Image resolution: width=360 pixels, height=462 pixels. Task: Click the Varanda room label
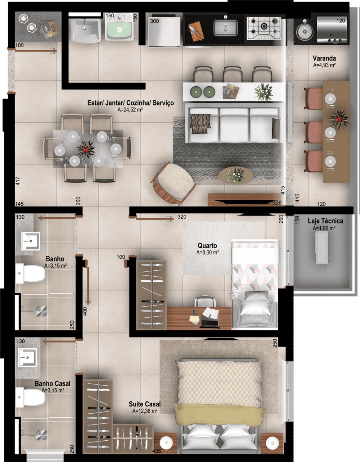tap(324, 58)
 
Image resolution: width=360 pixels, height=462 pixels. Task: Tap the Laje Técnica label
tap(325, 221)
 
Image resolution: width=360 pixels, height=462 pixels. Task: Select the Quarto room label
tap(207, 246)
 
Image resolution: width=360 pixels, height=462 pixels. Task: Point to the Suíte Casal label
tap(145, 404)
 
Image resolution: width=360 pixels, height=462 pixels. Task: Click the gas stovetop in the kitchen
tap(264, 28)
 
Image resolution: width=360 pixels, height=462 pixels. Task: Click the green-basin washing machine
tap(119, 27)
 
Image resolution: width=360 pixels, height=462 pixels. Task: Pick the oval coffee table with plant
tap(236, 175)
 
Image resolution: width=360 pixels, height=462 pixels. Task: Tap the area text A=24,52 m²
tap(130, 110)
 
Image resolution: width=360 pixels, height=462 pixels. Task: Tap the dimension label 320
tap(182, 217)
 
